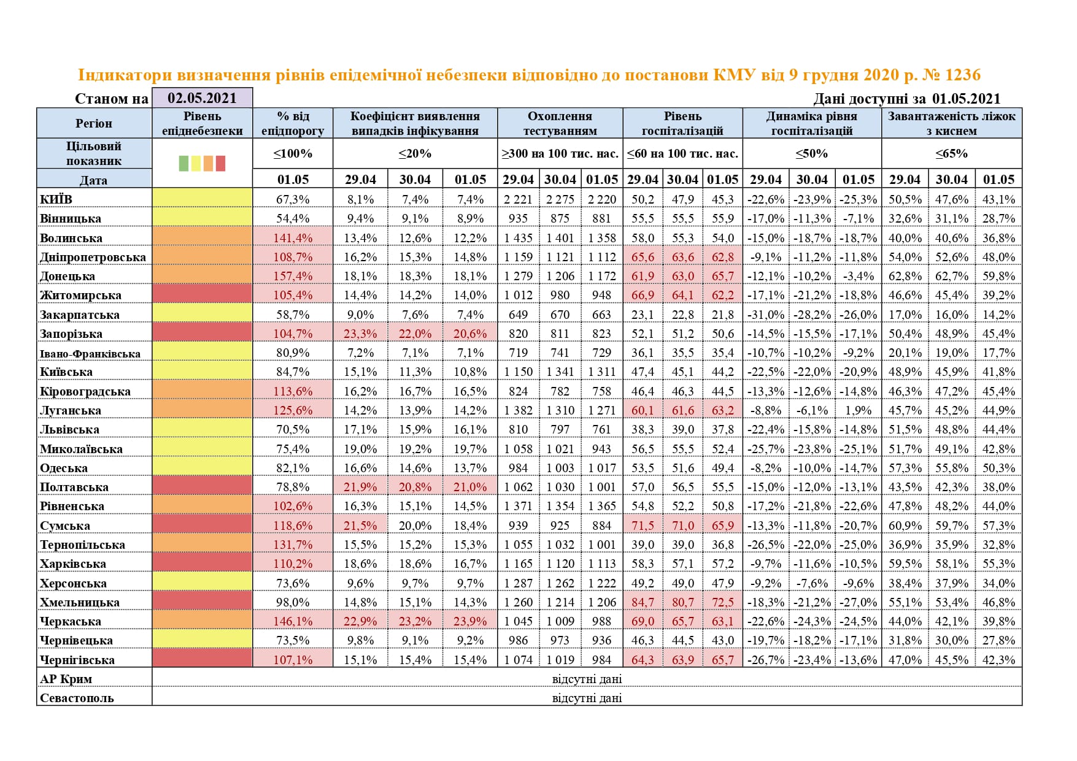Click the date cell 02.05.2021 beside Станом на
pyautogui.click(x=202, y=98)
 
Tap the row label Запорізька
pyautogui.click(x=71, y=334)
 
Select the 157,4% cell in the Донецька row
pyautogui.click(x=293, y=276)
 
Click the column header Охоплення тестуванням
pyautogui.click(x=560, y=123)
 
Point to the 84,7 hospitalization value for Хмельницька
pyautogui.click(x=643, y=602)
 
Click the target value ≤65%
pyautogui.click(x=951, y=153)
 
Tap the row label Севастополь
pyautogui.click(x=77, y=698)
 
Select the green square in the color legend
pyautogui.click(x=183, y=163)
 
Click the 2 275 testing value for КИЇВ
pyautogui.click(x=560, y=199)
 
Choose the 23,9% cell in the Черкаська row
pyautogui.click(x=470, y=621)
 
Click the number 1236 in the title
pyautogui.click(x=963, y=75)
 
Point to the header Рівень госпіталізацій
pyautogui.click(x=682, y=123)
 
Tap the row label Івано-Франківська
pyautogui.click(x=90, y=353)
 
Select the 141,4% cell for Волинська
pyautogui.click(x=293, y=238)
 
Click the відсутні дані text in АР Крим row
pyautogui.click(x=587, y=679)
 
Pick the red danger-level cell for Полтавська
pyautogui.click(x=202, y=487)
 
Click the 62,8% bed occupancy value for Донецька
pyautogui.click(x=905, y=276)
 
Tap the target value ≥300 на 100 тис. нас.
pyautogui.click(x=560, y=153)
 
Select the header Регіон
pyautogui.click(x=94, y=123)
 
